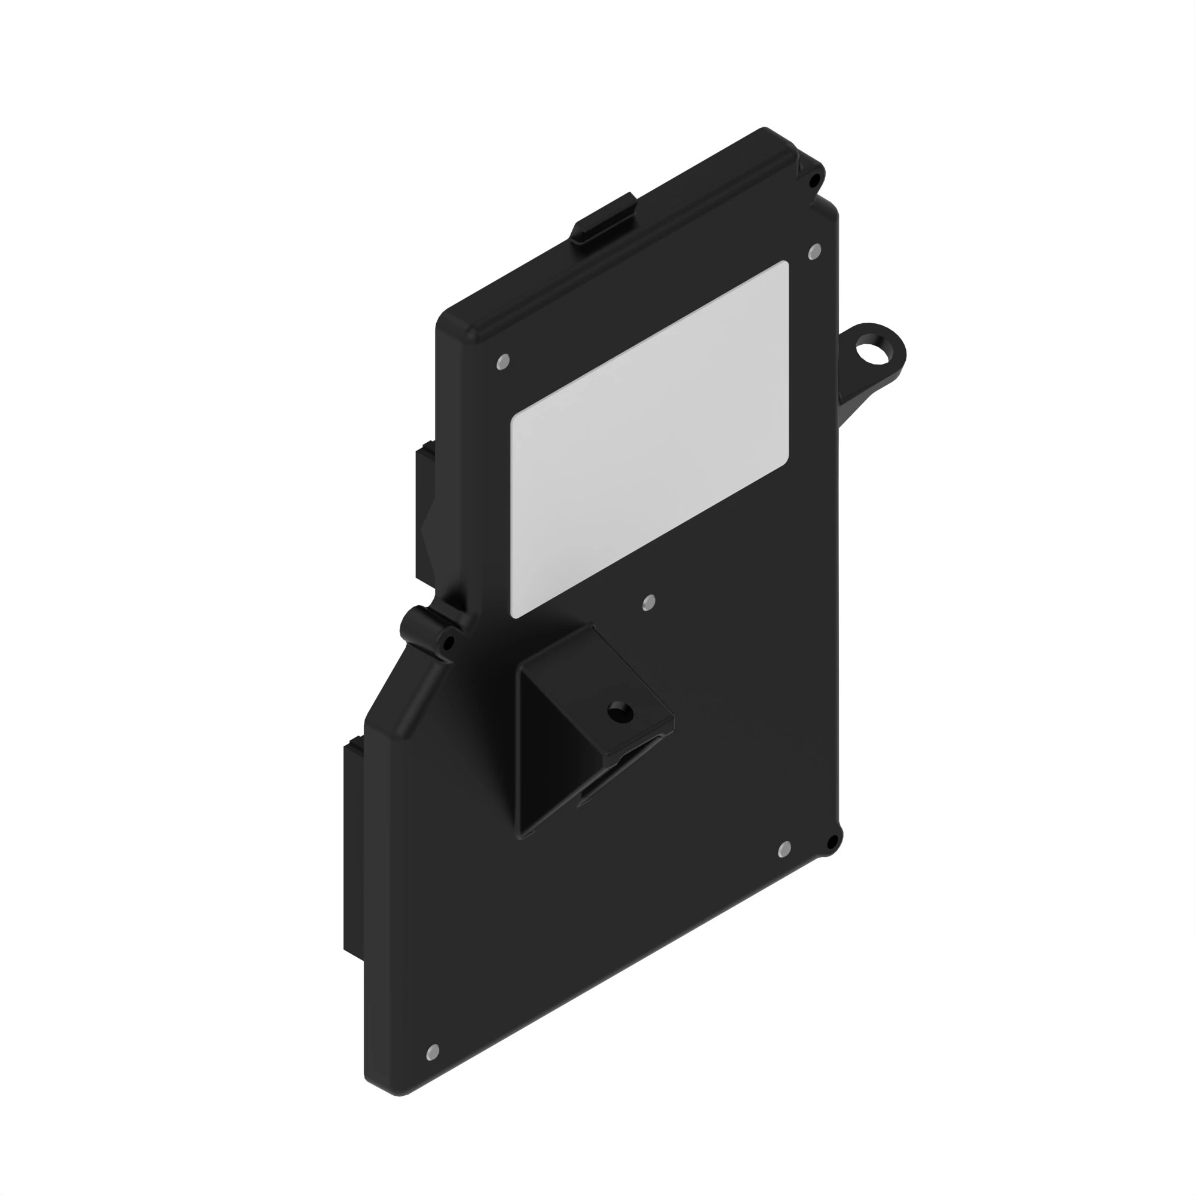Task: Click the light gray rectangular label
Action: (x=649, y=439)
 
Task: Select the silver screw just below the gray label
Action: (x=649, y=602)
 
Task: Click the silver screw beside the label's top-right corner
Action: (x=814, y=252)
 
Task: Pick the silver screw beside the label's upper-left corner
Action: (x=504, y=361)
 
